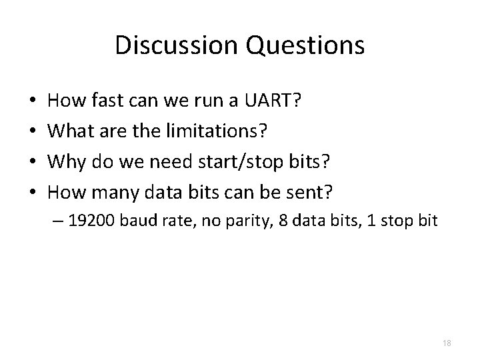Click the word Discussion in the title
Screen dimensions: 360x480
(172, 45)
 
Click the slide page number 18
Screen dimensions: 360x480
(447, 343)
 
